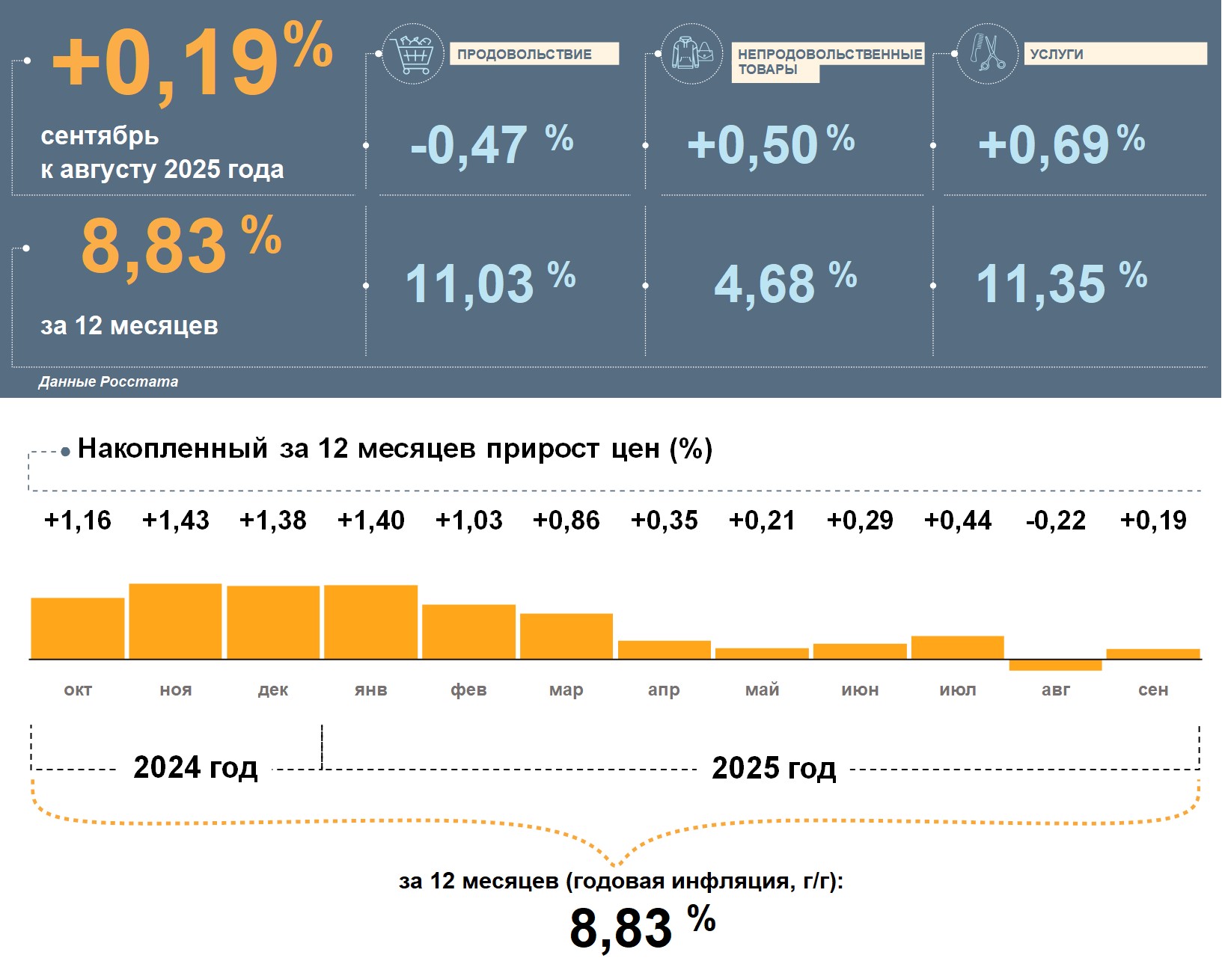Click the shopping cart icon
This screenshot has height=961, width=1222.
click(412, 54)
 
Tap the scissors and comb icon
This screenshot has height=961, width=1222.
click(987, 54)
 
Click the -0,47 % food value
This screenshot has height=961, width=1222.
click(491, 144)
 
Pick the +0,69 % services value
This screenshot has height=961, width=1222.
click(1060, 144)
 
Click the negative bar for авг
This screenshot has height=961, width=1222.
click(1055, 665)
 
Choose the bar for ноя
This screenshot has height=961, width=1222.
click(175, 621)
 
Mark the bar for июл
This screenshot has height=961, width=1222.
click(957, 648)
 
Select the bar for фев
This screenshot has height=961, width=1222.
click(468, 632)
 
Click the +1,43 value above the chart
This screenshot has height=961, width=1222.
click(175, 520)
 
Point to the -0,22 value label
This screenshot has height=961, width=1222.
click(1055, 520)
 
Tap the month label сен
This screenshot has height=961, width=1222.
click(1152, 690)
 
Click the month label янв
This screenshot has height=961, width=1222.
click(370, 690)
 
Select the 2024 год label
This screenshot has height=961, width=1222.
click(195, 768)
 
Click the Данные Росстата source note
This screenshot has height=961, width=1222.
click(109, 381)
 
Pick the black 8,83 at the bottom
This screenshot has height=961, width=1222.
click(621, 928)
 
